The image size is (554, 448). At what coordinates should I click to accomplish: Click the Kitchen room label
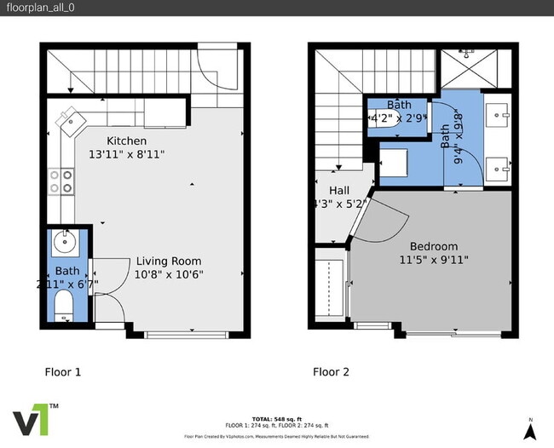coord(126,141)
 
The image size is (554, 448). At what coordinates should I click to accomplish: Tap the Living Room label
coord(169,261)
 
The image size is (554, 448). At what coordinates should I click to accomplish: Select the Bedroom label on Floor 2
coord(434,246)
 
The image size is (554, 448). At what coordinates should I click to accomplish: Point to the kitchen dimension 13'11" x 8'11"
coord(126,154)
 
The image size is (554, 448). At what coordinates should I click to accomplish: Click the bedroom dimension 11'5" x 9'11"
coord(434,260)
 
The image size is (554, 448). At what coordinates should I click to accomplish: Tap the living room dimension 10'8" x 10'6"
coord(169,274)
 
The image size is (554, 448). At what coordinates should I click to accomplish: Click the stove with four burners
coord(60,180)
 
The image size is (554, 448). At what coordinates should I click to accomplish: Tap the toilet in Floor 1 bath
coord(62,305)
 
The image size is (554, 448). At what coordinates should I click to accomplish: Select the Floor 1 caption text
coord(62,371)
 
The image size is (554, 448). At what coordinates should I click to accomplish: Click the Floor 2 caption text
coord(332,371)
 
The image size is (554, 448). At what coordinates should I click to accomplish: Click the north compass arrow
coord(530,431)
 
